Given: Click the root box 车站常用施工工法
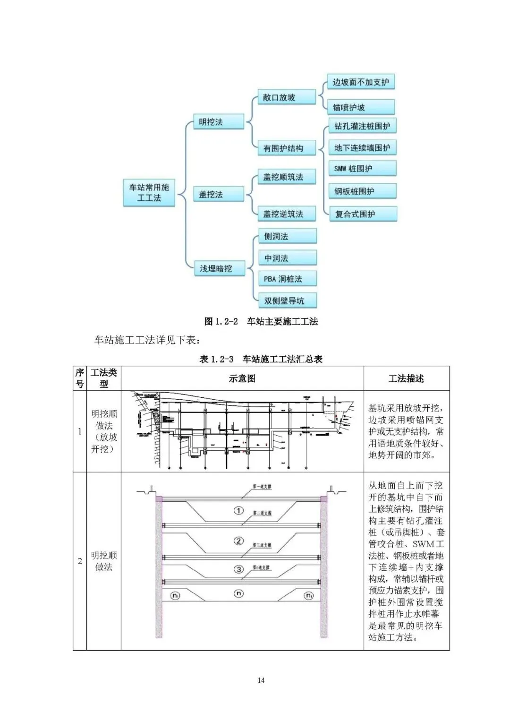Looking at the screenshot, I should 149,192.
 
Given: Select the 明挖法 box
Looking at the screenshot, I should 219,122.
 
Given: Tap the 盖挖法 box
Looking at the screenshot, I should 219,194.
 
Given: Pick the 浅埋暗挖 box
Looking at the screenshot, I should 219,268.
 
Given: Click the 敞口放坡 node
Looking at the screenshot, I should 286,97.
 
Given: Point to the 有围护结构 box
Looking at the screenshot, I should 286,148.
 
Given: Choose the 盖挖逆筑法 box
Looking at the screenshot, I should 286,214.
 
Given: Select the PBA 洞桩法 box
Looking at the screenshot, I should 287,279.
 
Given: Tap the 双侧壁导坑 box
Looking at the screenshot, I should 287,300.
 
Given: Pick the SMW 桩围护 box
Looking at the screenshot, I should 362,169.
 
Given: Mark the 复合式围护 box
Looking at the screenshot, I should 362,214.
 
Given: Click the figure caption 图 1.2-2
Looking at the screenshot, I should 261,322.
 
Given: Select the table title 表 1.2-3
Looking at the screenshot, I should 261,359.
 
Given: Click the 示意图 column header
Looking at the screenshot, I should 242,378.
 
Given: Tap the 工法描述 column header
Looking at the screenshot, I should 406,378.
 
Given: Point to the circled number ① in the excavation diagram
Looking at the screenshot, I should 239,510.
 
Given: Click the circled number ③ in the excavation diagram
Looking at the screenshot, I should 239,569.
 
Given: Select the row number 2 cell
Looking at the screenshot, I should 80,561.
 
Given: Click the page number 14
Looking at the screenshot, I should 261,680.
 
